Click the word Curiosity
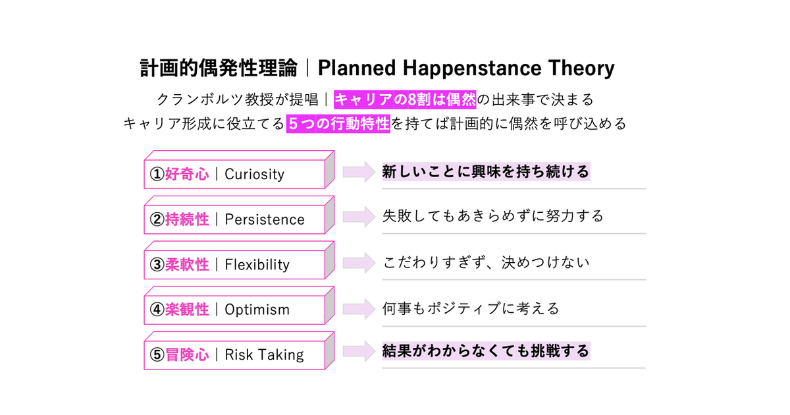(x=254, y=175)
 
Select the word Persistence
(x=265, y=219)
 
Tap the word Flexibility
(x=257, y=265)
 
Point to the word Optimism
(x=257, y=310)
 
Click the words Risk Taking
(x=264, y=355)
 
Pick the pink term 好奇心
(x=187, y=175)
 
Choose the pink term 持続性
(x=187, y=219)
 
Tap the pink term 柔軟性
(x=187, y=265)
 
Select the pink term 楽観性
(x=187, y=310)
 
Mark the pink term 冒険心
(x=187, y=355)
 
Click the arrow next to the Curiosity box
(x=359, y=172)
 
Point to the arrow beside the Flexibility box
(x=359, y=263)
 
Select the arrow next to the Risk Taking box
(x=359, y=351)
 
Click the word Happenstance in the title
(x=472, y=69)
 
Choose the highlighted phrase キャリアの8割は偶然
(x=405, y=100)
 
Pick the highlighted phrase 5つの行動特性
(x=338, y=124)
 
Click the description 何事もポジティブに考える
(x=471, y=309)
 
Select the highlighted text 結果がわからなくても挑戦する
(x=486, y=351)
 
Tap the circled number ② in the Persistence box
(x=157, y=219)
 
